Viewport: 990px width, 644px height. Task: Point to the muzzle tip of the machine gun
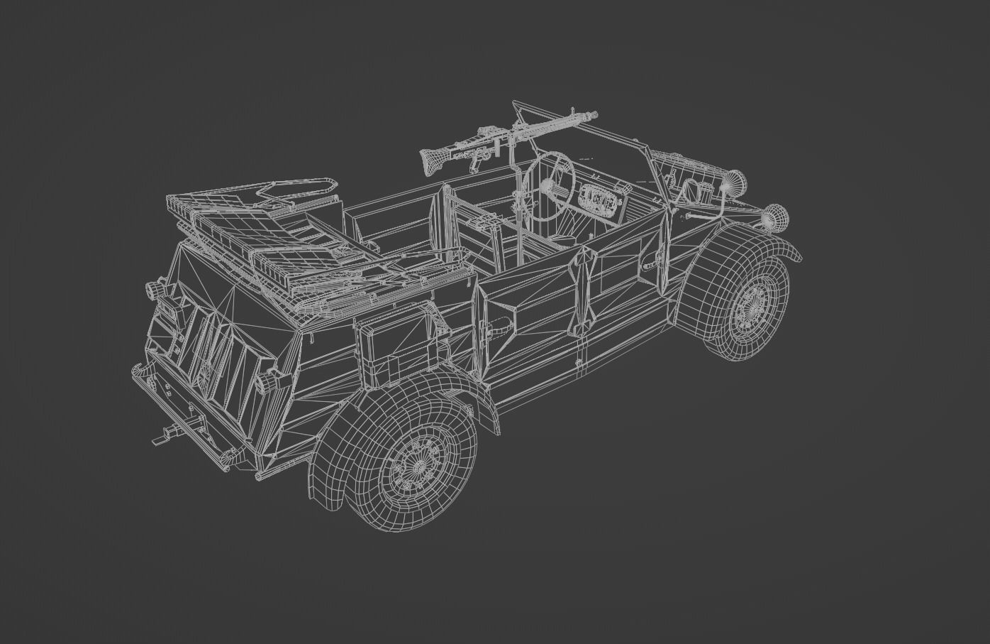coord(594,114)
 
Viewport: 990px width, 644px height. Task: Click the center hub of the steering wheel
coord(549,186)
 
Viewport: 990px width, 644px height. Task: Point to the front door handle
coord(648,264)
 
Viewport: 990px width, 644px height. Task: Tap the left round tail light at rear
coord(153,290)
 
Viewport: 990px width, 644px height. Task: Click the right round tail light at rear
coord(268,383)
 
